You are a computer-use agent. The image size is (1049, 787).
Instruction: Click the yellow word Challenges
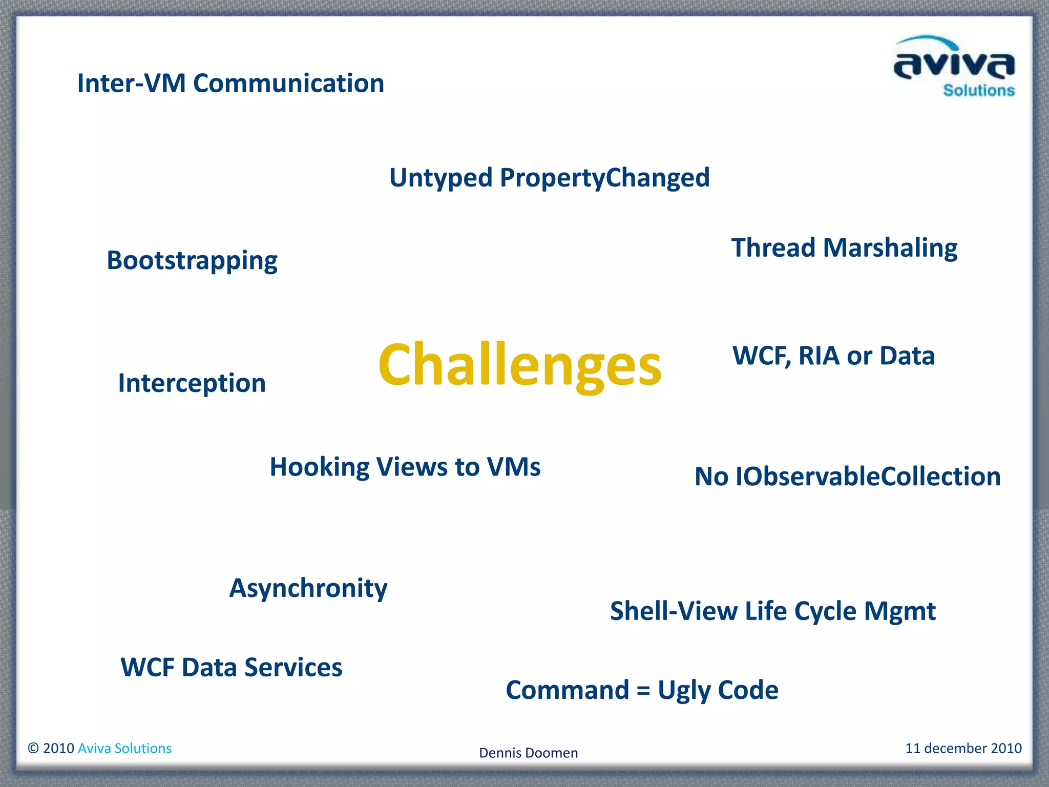pyautogui.click(x=519, y=365)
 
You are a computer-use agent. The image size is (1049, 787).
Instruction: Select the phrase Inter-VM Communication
pyautogui.click(x=230, y=84)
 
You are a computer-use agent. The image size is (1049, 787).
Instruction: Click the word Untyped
pyautogui.click(x=440, y=178)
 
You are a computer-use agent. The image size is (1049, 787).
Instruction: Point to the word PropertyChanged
pyautogui.click(x=604, y=178)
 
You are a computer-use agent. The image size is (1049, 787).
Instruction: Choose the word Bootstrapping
pyautogui.click(x=192, y=261)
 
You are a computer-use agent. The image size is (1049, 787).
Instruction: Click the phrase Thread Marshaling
pyautogui.click(x=844, y=248)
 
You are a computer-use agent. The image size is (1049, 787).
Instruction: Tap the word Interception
pyautogui.click(x=192, y=383)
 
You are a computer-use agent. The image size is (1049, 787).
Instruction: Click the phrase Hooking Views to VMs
pyautogui.click(x=405, y=467)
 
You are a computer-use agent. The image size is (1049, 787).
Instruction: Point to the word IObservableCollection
pyautogui.click(x=868, y=477)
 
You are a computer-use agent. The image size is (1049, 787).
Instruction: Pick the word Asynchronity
pyautogui.click(x=308, y=588)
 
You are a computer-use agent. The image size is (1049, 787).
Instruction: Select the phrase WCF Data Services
pyautogui.click(x=231, y=668)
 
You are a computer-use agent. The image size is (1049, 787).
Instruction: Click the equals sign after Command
pyautogui.click(x=643, y=691)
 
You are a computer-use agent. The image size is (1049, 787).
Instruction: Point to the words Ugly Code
pyautogui.click(x=718, y=690)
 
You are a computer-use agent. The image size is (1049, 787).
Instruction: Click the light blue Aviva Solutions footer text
pyautogui.click(x=124, y=748)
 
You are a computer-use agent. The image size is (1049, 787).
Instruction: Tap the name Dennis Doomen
pyautogui.click(x=528, y=753)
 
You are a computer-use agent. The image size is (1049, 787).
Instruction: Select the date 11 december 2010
pyautogui.click(x=963, y=748)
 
